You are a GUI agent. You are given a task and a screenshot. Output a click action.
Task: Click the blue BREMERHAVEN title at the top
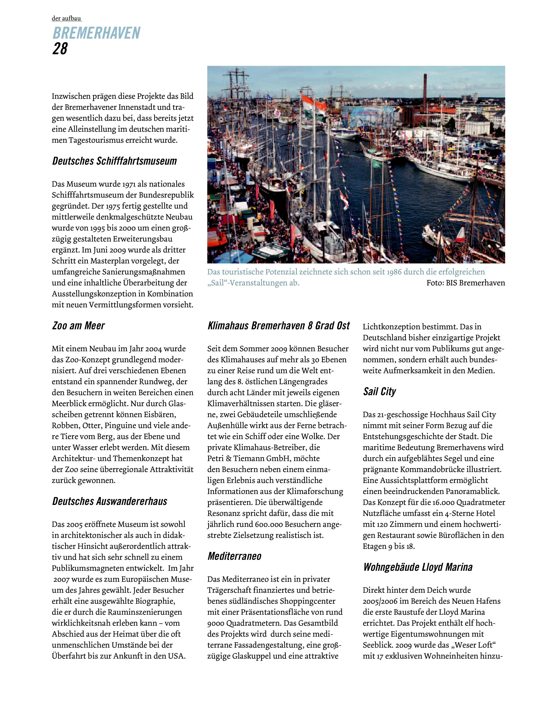[96, 33]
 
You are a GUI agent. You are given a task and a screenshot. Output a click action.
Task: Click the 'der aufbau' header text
[66, 19]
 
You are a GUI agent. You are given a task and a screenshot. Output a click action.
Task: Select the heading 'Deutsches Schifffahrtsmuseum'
[115, 161]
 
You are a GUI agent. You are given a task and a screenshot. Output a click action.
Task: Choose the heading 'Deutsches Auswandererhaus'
[109, 501]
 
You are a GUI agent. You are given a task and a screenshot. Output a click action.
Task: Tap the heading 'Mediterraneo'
[234, 556]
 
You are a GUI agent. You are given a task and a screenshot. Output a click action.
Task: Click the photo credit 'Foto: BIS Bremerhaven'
[465, 283]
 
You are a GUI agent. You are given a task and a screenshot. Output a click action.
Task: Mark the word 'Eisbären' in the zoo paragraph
[162, 414]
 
